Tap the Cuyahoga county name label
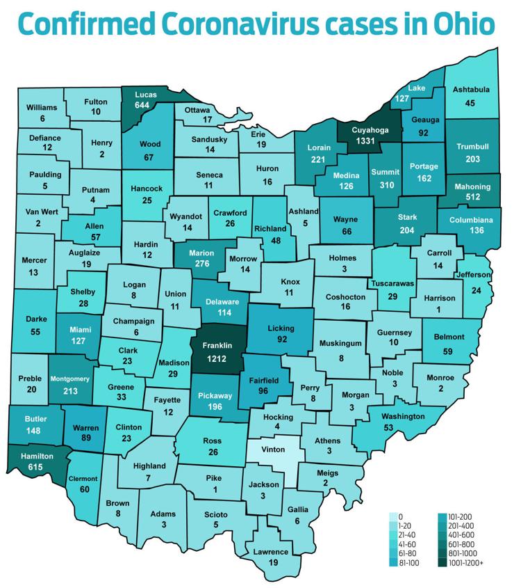369,129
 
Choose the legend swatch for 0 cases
392,516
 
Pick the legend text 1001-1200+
466,562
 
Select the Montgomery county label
70,378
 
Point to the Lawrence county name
271,552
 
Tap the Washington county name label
403,416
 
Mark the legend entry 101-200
461,516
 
